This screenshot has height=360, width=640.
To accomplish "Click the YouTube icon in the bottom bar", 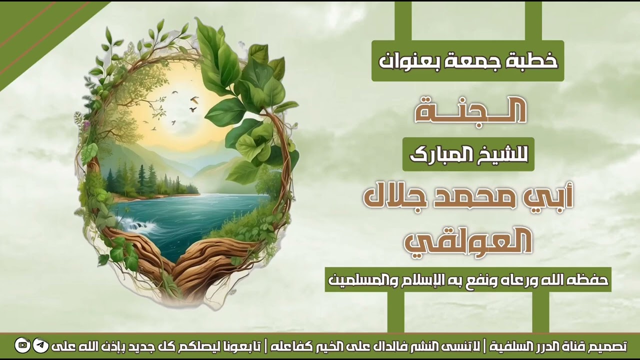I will pos(22,345).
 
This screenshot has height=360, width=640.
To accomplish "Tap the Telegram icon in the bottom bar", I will pos(40,345).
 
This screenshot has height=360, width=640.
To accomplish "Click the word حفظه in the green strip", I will pos(590,279).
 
